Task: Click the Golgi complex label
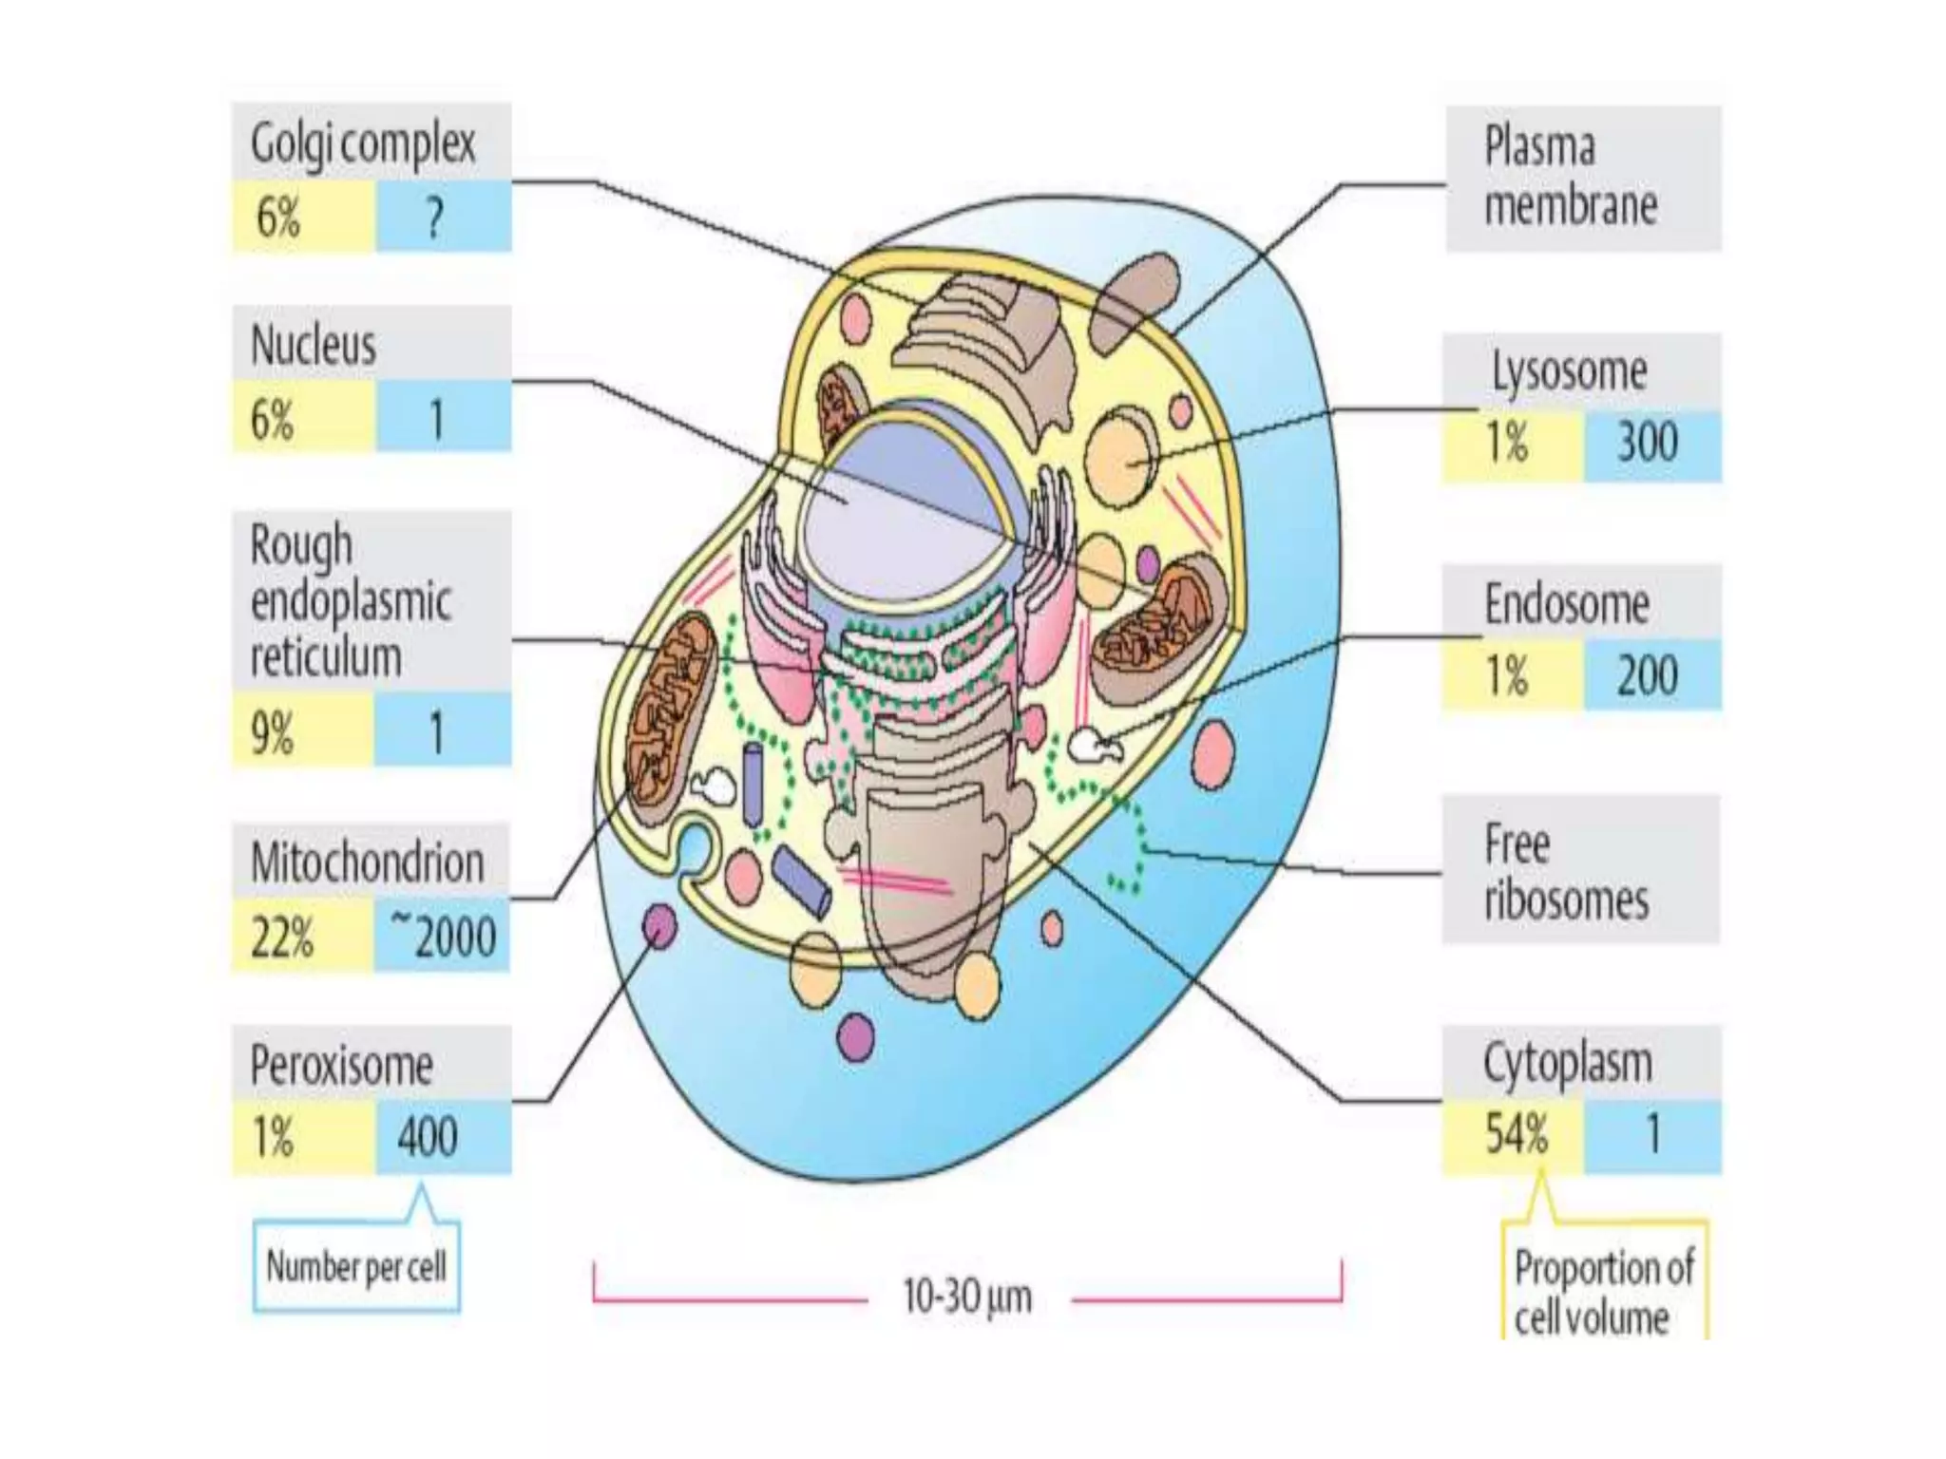point(363,144)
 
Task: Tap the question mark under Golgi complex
point(434,218)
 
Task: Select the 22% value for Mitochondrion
point(282,937)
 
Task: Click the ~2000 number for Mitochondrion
point(443,937)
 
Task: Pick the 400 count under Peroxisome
point(428,1136)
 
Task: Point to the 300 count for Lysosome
point(1648,443)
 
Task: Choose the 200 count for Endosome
point(1648,675)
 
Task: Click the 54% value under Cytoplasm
point(1517,1134)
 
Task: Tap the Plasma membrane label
point(1570,178)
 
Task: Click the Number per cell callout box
point(356,1267)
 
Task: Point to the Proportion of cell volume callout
point(1604,1292)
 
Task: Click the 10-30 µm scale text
point(966,1297)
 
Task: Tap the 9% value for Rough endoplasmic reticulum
point(272,732)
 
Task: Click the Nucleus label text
point(314,344)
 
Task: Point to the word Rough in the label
point(301,546)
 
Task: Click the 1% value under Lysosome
point(1507,443)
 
